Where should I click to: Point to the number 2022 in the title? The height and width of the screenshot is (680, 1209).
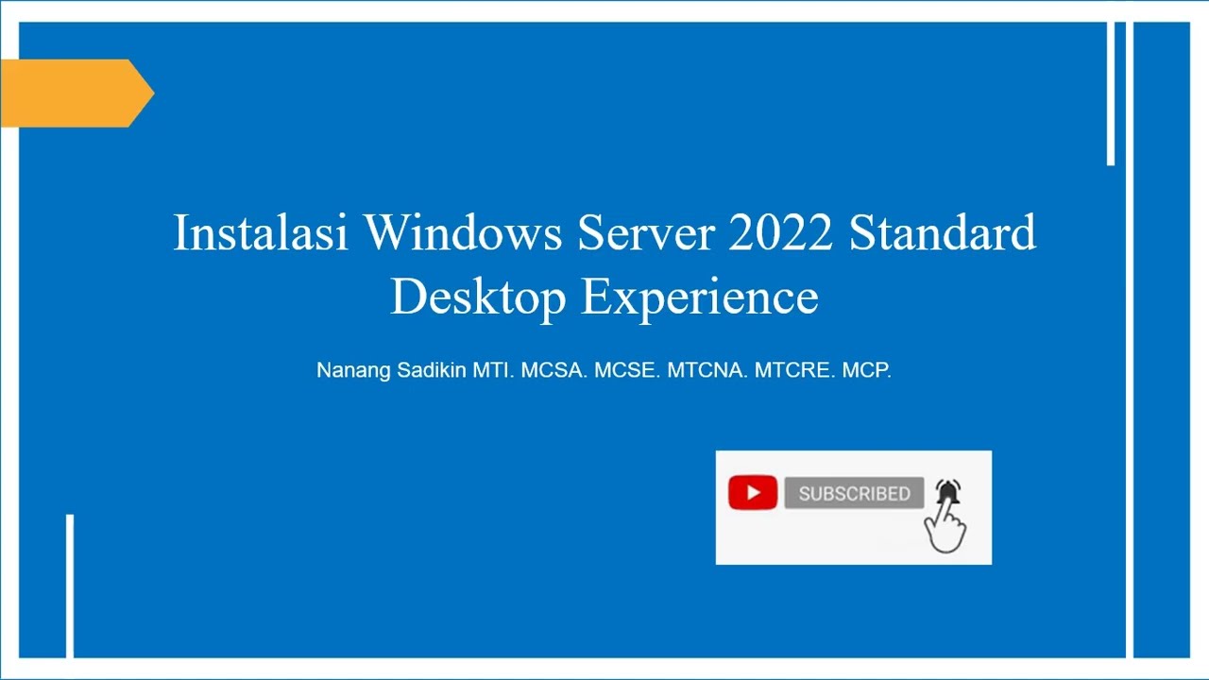coord(780,232)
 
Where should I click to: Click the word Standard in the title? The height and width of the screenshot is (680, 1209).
coord(942,232)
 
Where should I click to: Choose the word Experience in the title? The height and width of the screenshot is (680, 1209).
coord(699,297)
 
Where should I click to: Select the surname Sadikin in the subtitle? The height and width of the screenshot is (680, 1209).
coord(432,370)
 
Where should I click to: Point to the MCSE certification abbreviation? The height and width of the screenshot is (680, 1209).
coord(626,370)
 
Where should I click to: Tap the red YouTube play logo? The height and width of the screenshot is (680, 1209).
coord(753,493)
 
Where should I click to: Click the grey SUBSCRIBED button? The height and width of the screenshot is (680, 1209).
coord(854,493)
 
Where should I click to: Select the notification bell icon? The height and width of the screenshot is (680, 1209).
coord(948,491)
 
